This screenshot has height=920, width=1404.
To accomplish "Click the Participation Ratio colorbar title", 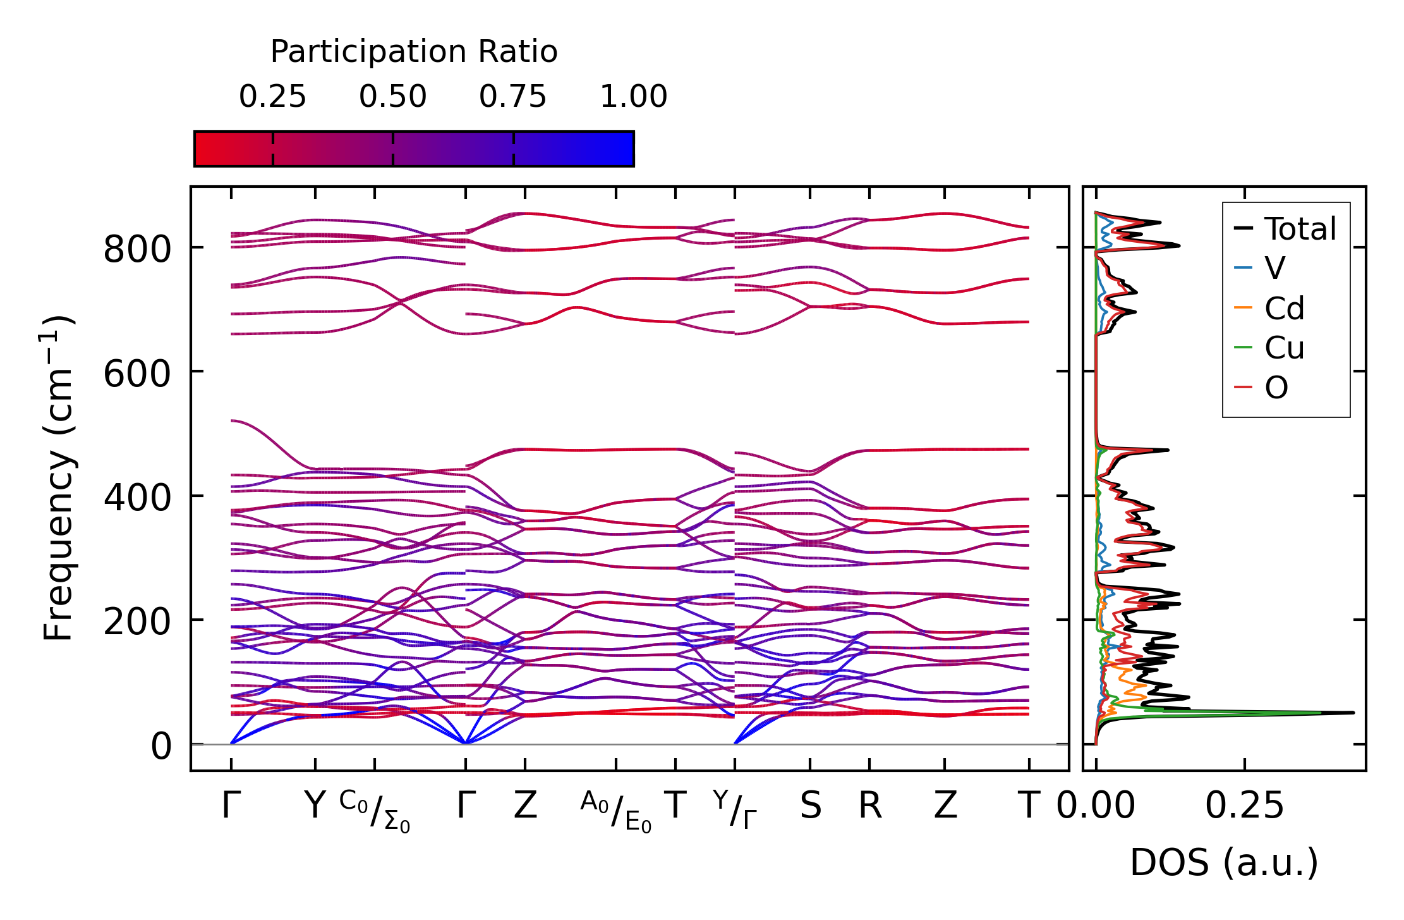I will click(414, 52).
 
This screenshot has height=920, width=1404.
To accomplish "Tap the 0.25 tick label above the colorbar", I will click(272, 97).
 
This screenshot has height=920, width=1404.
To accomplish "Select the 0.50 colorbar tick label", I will click(392, 97).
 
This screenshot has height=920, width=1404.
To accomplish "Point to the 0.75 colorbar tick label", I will click(512, 97).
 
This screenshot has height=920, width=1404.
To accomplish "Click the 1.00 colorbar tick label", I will click(633, 97).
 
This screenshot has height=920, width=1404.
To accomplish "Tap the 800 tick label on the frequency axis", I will click(137, 249).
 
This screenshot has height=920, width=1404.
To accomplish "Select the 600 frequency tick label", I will click(137, 373).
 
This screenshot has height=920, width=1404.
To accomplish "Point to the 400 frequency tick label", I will click(137, 498).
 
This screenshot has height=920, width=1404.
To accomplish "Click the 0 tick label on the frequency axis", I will click(161, 747).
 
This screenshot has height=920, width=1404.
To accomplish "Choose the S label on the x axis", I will click(811, 806).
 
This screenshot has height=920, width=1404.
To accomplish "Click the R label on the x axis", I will click(870, 806).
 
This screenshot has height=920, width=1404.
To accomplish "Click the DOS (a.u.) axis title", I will click(1224, 863).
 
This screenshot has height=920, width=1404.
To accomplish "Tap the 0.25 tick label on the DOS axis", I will click(1244, 806).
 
